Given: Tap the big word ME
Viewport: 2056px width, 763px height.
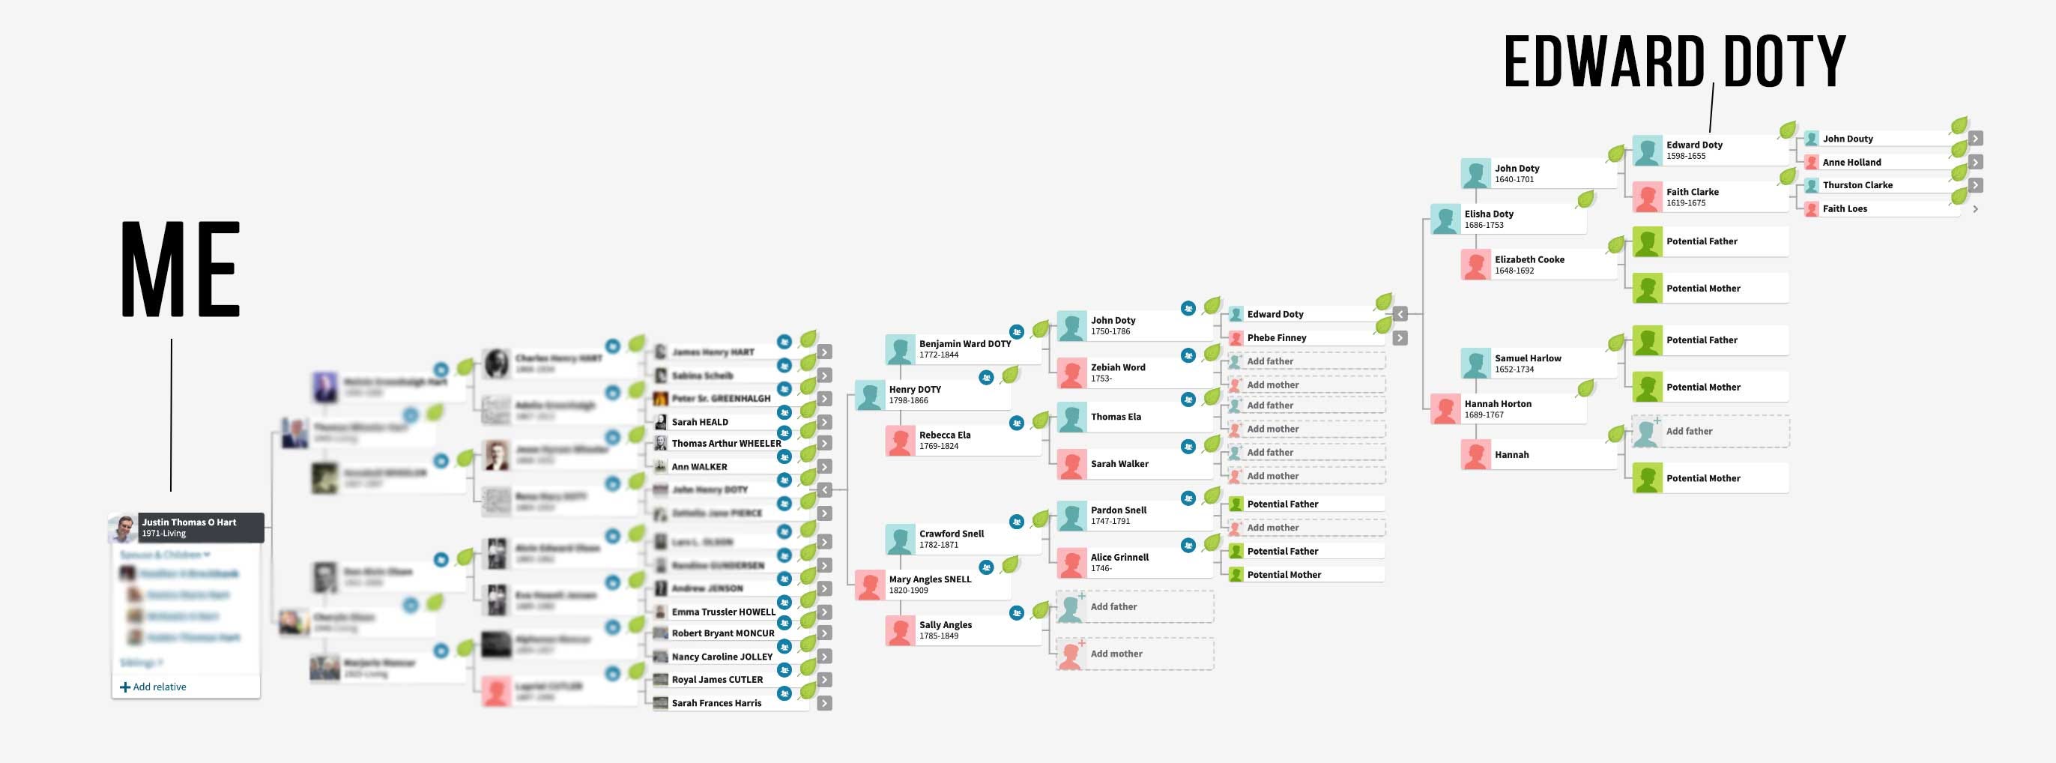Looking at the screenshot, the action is [x=181, y=270].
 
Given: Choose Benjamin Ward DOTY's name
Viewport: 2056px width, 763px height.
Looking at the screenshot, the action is [x=964, y=344].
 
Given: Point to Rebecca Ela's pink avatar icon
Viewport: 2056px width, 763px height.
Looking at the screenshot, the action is [x=899, y=441].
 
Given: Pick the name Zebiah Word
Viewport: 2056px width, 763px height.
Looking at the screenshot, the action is [x=1117, y=368].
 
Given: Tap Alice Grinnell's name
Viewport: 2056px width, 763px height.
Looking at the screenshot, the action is [x=1119, y=558].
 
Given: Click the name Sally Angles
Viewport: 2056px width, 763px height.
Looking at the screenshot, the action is [x=945, y=625].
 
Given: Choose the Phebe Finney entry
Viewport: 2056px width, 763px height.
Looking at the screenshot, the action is [x=1276, y=338].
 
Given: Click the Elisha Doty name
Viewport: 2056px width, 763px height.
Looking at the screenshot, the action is [x=1489, y=214].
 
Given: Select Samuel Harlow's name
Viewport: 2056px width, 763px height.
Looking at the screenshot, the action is [x=1528, y=358].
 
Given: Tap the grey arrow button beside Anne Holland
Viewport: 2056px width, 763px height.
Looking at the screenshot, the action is [x=1975, y=162].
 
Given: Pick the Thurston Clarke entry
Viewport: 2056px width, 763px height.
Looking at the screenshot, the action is [x=1857, y=185].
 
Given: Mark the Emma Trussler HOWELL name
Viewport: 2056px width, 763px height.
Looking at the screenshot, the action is [x=723, y=612].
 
